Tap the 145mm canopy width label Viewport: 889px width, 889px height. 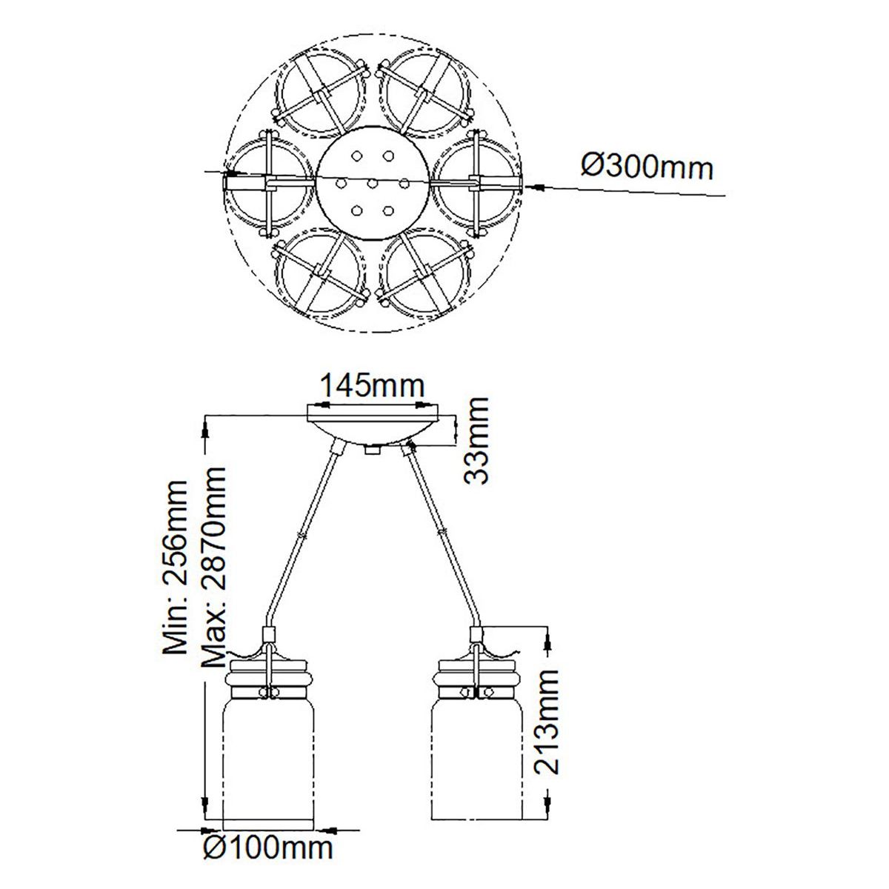tap(372, 387)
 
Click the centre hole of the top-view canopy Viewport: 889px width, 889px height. tap(372, 184)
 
